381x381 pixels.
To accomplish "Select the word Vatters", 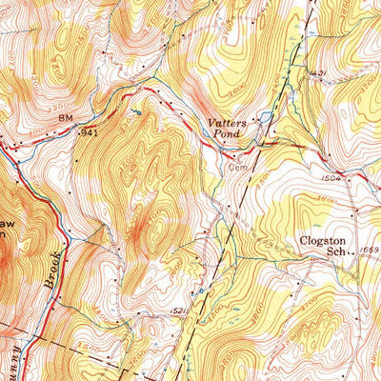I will point(229,122).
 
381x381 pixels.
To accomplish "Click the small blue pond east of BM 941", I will point(135,112).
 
